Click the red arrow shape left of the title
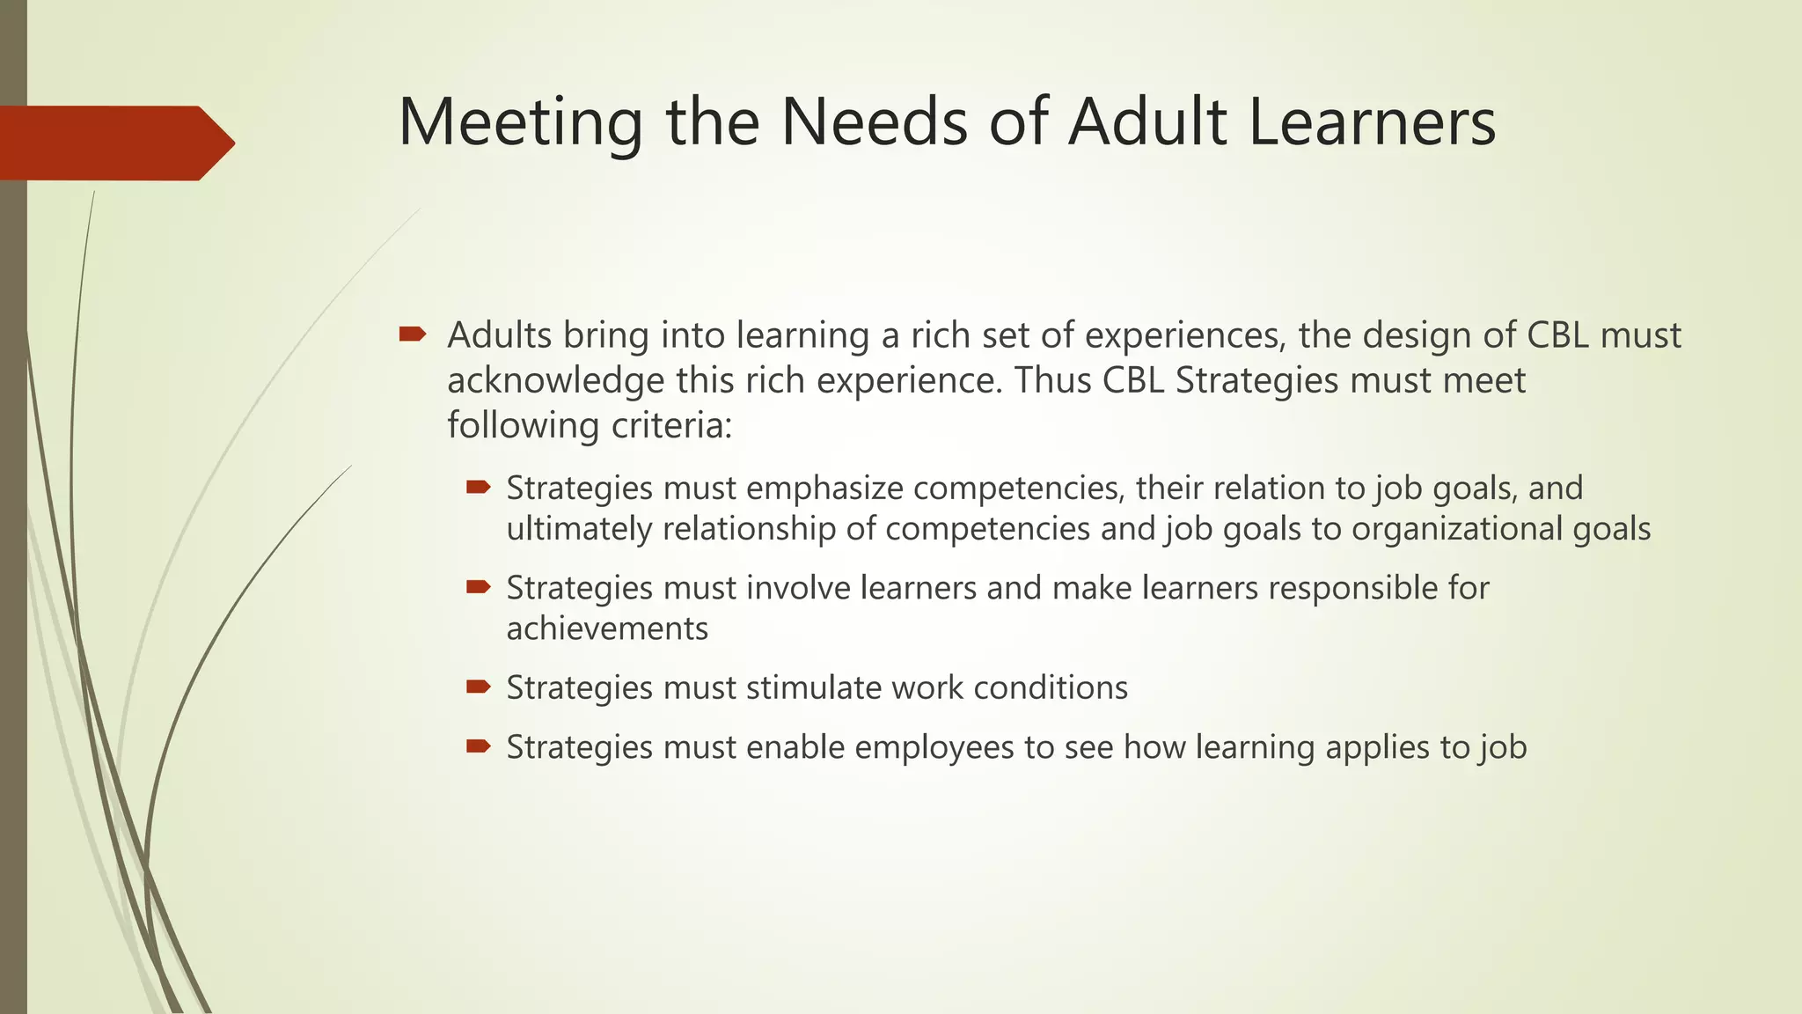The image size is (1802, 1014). pos(114,143)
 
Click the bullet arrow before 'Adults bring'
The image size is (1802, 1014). pos(412,334)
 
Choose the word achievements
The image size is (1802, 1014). pos(607,629)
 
